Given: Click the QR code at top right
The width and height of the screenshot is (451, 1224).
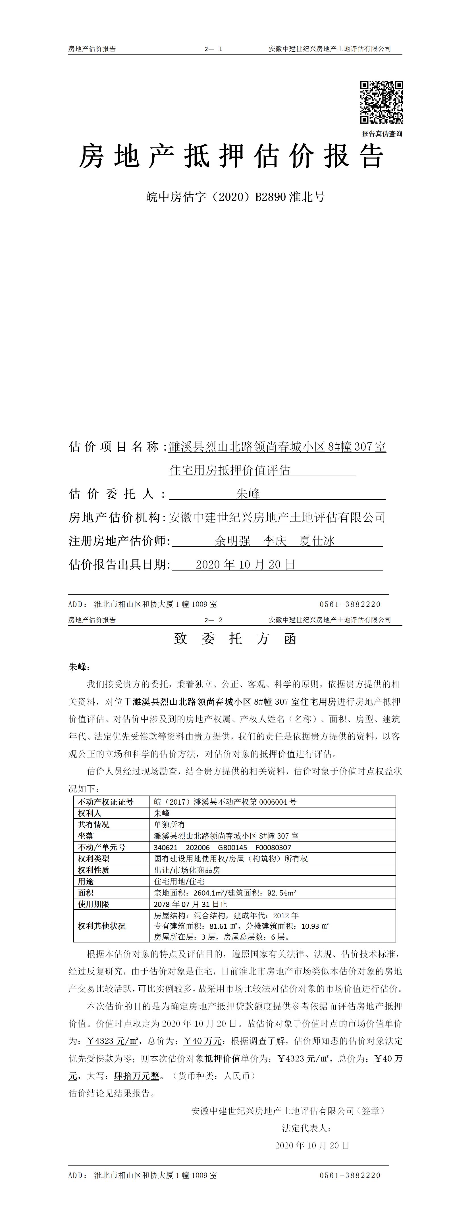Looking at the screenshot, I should pyautogui.click(x=381, y=102).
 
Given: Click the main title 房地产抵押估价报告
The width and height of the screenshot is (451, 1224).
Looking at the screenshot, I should pyautogui.click(x=231, y=156).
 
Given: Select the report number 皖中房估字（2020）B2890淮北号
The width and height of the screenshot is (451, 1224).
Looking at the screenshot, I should pyautogui.click(x=235, y=197).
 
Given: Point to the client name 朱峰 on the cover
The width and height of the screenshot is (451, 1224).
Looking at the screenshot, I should pyautogui.click(x=248, y=494).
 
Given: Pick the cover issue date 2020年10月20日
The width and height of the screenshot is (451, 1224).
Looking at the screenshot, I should pyautogui.click(x=245, y=565).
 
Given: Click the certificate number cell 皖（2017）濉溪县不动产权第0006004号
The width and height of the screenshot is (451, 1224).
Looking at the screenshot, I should pyautogui.click(x=225, y=802).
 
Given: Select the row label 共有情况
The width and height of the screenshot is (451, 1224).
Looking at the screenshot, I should pyautogui.click(x=93, y=825).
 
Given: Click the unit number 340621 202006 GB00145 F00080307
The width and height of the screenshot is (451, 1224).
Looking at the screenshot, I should pyautogui.click(x=223, y=847).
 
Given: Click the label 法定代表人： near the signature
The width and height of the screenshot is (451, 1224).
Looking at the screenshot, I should pyautogui.click(x=307, y=1128).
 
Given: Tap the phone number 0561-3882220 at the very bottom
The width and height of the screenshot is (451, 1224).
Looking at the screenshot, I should pyautogui.click(x=350, y=1175).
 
